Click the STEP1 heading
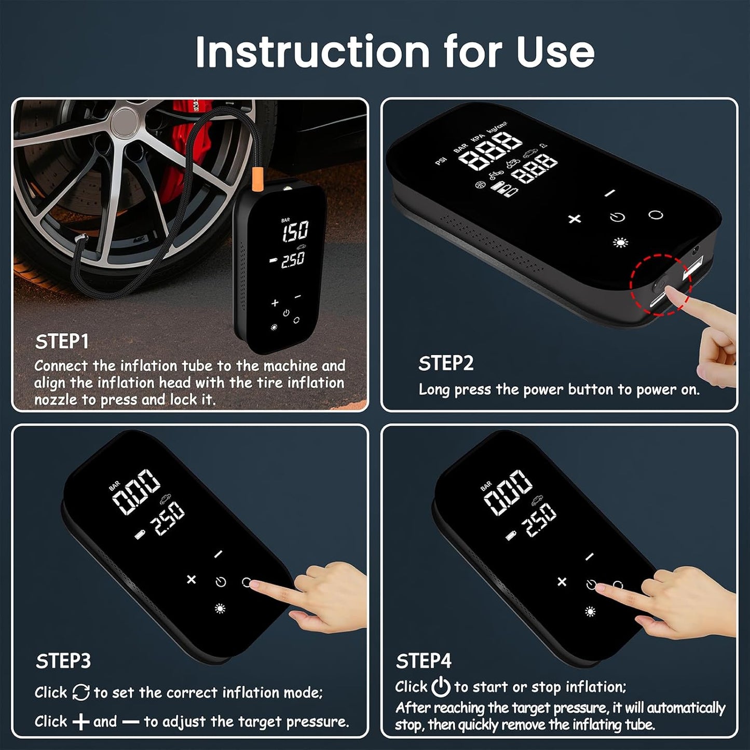(62, 342)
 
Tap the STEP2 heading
(446, 363)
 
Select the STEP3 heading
(63, 661)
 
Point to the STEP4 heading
(424, 661)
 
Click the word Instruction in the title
(312, 52)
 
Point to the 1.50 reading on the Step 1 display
(295, 231)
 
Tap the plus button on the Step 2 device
(575, 219)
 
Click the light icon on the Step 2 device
(620, 242)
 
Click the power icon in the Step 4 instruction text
(441, 687)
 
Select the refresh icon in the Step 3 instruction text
(81, 692)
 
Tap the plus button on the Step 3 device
(192, 579)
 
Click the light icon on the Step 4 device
(590, 611)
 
